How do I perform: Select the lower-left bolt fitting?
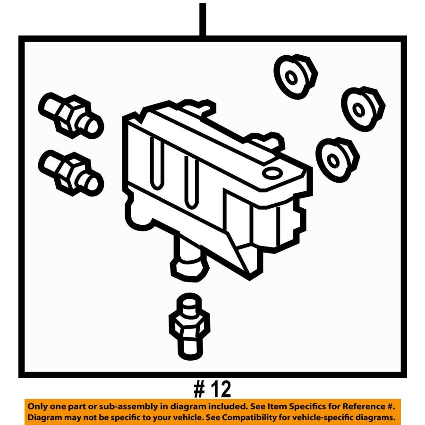71,173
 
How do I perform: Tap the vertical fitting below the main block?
189,327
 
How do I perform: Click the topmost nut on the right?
296,76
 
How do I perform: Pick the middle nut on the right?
363,109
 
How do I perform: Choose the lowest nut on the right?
338,160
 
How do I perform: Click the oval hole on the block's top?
272,172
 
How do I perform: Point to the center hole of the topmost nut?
291,78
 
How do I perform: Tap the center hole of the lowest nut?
333,161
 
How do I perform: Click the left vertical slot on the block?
157,162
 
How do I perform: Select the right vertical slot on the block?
191,182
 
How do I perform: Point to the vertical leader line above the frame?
203,19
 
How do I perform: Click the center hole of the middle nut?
359,110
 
